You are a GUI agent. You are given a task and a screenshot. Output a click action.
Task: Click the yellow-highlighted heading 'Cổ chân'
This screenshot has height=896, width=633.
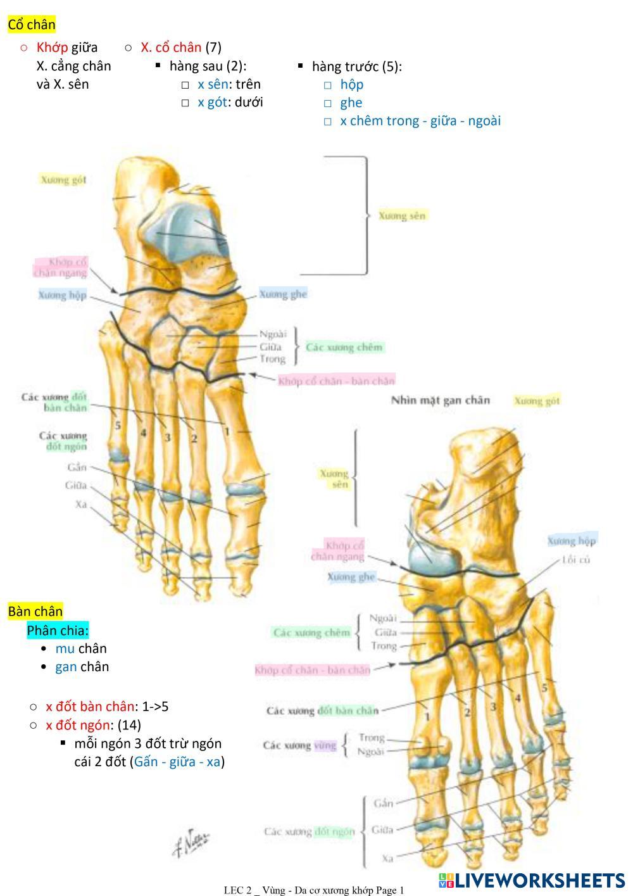pyautogui.click(x=32, y=25)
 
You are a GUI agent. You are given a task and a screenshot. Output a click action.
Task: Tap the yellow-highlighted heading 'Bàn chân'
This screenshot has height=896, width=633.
pyautogui.click(x=35, y=611)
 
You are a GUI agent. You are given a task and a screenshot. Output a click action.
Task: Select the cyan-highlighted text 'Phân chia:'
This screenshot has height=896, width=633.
pyautogui.click(x=58, y=630)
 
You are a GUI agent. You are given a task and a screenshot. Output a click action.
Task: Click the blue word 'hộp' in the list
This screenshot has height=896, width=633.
pyautogui.click(x=351, y=84)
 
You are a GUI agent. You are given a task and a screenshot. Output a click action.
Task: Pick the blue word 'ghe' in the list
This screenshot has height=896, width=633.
pyautogui.click(x=351, y=103)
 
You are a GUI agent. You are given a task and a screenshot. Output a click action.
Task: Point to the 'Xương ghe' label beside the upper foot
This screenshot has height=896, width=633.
pyautogui.click(x=282, y=294)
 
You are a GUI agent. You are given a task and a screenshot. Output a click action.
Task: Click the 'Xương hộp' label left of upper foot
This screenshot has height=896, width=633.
pyautogui.click(x=62, y=295)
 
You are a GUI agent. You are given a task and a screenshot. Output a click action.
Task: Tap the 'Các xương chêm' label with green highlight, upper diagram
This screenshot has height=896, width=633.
pyautogui.click(x=344, y=347)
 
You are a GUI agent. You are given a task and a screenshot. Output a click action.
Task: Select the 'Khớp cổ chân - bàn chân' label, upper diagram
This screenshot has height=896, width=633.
pyautogui.click(x=336, y=381)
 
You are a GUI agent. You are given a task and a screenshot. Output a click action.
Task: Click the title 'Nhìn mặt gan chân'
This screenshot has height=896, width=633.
pyautogui.click(x=440, y=400)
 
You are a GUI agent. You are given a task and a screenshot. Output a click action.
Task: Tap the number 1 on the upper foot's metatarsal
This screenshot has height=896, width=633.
pyautogui.click(x=227, y=431)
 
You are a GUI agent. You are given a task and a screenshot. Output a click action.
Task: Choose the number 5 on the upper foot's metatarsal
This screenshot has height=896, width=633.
pyautogui.click(x=118, y=426)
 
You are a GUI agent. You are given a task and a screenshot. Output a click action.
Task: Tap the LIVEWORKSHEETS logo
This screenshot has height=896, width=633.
pyautogui.click(x=532, y=880)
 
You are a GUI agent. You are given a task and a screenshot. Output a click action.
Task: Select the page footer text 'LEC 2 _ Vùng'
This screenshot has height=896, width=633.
pyautogui.click(x=253, y=890)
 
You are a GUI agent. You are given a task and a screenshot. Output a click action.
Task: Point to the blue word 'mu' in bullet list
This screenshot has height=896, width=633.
pyautogui.click(x=65, y=648)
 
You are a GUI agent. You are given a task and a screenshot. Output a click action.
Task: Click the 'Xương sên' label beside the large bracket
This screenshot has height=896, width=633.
pyautogui.click(x=402, y=215)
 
